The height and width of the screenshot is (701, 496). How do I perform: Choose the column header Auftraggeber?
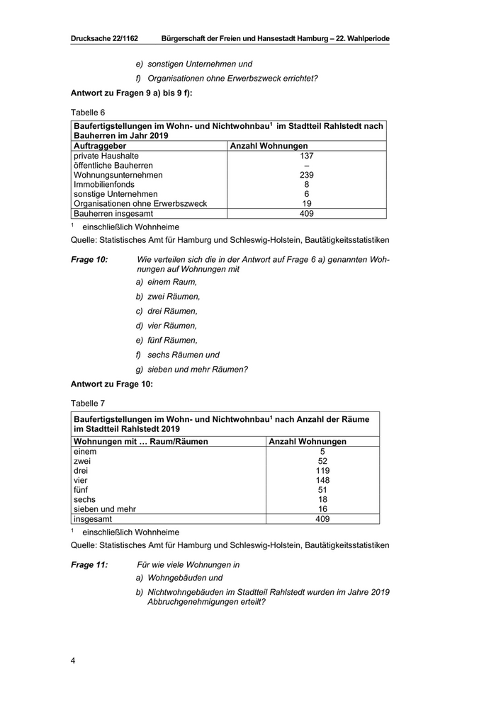[100, 146]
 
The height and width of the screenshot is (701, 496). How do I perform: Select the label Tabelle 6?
[88, 113]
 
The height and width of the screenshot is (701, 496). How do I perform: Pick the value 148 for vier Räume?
[322, 480]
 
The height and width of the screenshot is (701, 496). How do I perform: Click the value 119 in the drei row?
[322, 470]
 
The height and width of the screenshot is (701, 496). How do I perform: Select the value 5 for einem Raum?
[322, 451]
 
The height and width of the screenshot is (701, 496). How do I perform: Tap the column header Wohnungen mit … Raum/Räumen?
[141, 441]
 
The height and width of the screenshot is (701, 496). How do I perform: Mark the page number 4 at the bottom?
[73, 661]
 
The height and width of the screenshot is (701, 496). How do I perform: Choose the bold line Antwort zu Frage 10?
[112, 384]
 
